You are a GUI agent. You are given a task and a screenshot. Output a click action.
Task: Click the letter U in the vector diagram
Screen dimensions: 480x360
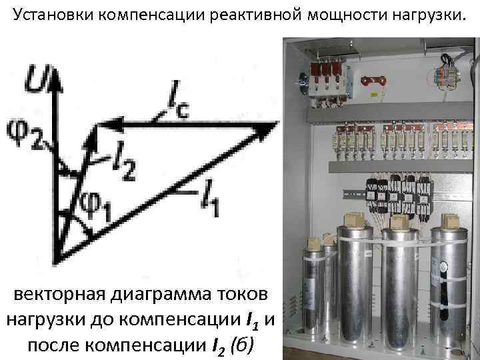tap(35, 79)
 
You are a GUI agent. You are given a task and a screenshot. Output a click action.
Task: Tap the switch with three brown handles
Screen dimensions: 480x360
tap(325, 79)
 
